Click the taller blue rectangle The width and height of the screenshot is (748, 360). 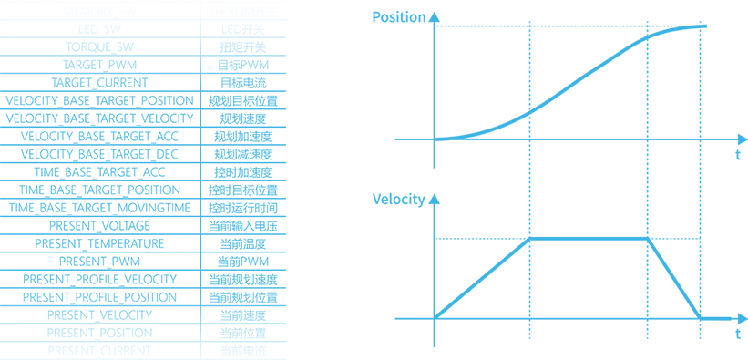coord(142,180)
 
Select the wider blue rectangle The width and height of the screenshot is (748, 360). coord(559,179)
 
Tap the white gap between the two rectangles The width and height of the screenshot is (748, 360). coord(329,180)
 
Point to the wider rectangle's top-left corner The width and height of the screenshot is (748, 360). coord(374,12)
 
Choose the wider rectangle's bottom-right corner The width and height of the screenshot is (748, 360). coord(746,345)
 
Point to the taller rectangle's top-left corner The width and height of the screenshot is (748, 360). coord(1,1)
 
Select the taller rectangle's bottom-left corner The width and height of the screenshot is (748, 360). coord(1,358)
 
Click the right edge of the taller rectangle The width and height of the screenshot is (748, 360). coord(284,180)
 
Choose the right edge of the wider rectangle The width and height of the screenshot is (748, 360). coord(746,179)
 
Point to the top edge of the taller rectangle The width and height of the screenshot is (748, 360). coord(142,1)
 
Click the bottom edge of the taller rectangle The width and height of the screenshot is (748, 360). coord(142,358)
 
